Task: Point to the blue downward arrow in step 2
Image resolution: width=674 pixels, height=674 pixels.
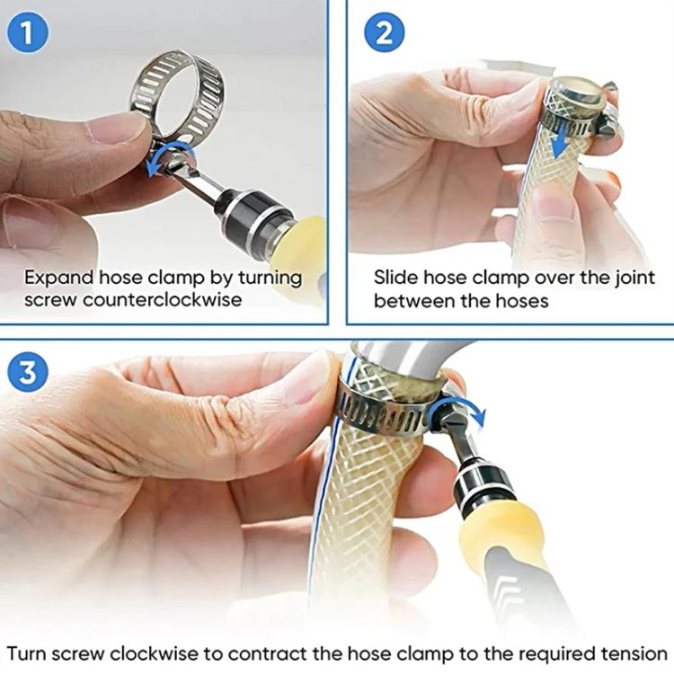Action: tap(562, 137)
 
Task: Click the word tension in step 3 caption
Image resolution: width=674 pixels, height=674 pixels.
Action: tap(635, 652)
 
